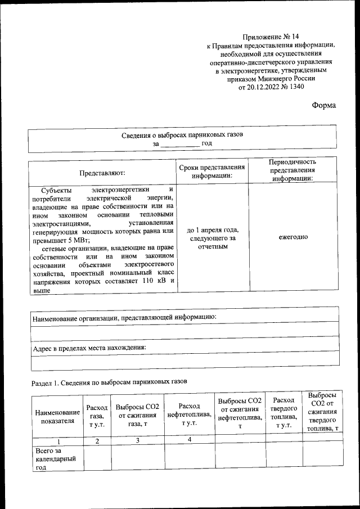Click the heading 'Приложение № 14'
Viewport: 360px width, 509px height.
pyautogui.click(x=271, y=36)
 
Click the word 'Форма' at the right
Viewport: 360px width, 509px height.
pyautogui.click(x=324, y=106)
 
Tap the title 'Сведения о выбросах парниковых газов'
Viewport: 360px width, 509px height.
pyautogui.click(x=183, y=135)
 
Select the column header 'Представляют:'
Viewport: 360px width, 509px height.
pyautogui.click(x=102, y=173)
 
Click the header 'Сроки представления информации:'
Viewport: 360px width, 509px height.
pyautogui.click(x=212, y=172)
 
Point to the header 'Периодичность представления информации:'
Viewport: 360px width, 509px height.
pyautogui.click(x=292, y=170)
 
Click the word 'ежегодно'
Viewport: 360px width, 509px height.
pyautogui.click(x=292, y=237)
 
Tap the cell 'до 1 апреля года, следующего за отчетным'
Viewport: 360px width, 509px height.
pyautogui.click(x=212, y=237)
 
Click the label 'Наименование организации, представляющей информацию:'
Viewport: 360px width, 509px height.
pyautogui.click(x=124, y=317)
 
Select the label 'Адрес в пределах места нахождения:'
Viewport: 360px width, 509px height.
pyautogui.click(x=89, y=348)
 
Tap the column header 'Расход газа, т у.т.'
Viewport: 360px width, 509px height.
pyautogui.click(x=97, y=416)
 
